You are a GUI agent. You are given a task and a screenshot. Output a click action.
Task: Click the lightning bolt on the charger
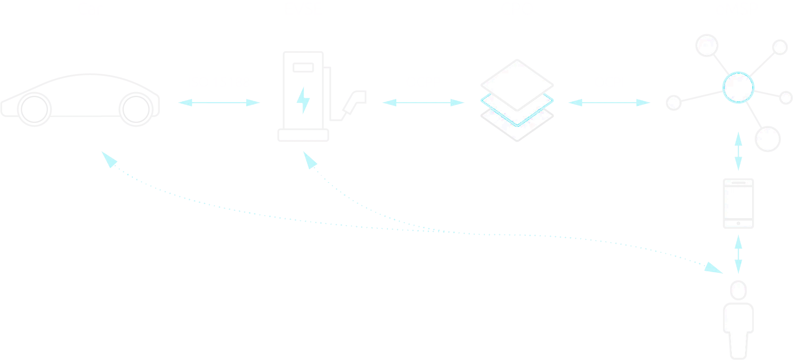tap(303, 100)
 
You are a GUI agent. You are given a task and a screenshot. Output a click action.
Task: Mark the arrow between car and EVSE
tap(219, 102)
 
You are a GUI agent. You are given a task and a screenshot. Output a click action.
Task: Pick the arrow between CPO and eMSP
tap(609, 102)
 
